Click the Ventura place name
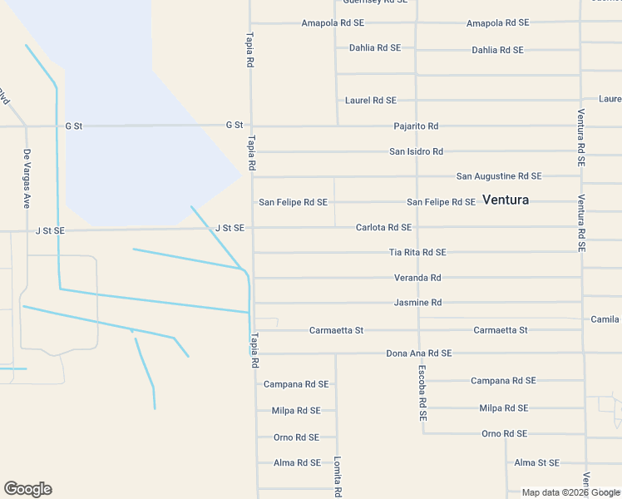(x=505, y=200)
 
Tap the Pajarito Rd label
(x=416, y=126)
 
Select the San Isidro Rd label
(x=416, y=151)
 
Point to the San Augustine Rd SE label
(x=499, y=176)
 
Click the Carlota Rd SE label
(x=383, y=227)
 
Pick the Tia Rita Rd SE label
(x=417, y=252)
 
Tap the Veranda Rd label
(x=417, y=278)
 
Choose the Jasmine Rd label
(x=417, y=303)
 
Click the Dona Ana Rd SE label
(x=418, y=353)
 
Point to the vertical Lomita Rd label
(x=338, y=477)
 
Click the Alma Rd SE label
(x=296, y=462)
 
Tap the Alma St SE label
(x=536, y=462)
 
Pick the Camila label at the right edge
(x=605, y=319)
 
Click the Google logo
(x=27, y=489)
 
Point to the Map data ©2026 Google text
(x=570, y=492)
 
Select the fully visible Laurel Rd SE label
(x=370, y=101)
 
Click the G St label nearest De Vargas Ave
(x=74, y=126)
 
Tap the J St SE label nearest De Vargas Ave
(x=50, y=230)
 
